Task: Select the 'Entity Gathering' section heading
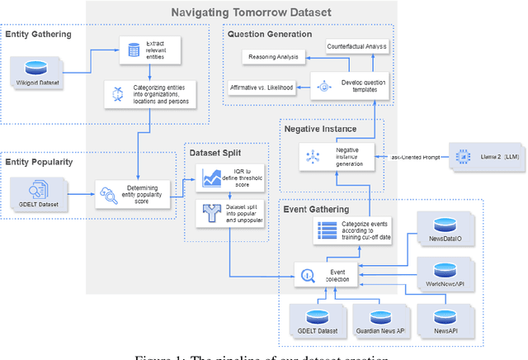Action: [x=39, y=35]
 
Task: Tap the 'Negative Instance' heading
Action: [x=320, y=130]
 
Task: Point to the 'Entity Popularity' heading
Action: [x=39, y=163]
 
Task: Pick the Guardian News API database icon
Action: [x=379, y=317]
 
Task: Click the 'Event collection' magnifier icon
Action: [x=306, y=275]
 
